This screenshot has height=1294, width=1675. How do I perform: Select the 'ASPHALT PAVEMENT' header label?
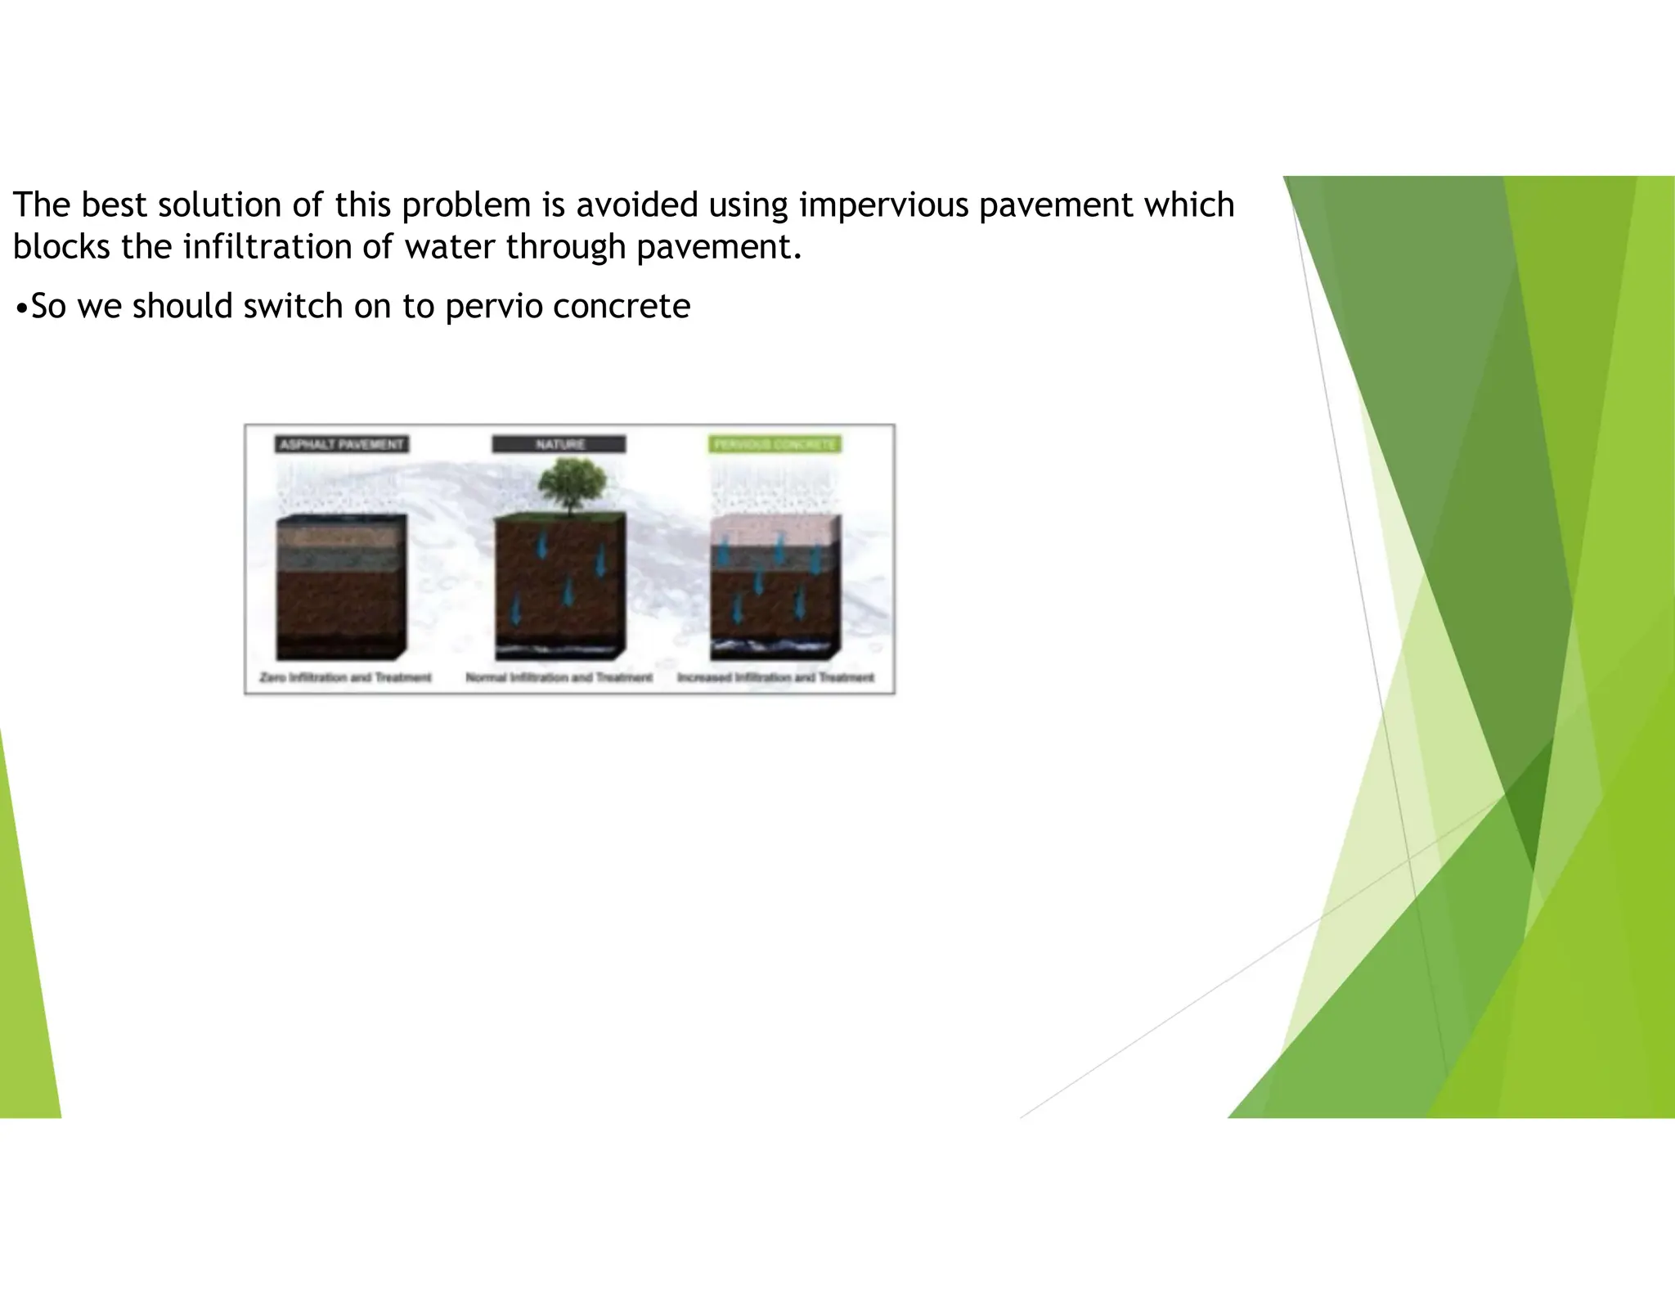(342, 444)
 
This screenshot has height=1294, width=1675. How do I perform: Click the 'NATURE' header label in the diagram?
(559, 444)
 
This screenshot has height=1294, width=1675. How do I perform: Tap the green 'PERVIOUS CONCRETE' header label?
(775, 444)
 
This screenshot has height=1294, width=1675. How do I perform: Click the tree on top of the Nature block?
(573, 485)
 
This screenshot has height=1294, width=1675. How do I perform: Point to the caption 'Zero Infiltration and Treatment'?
(345, 677)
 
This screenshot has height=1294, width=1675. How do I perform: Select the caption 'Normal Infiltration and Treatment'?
(559, 677)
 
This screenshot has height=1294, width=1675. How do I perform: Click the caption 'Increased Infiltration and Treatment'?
(775, 677)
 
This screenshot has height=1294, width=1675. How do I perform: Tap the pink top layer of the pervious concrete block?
(773, 532)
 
